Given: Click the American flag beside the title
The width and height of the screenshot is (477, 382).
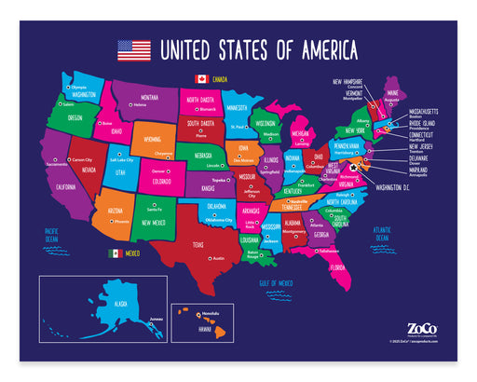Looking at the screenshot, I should click(x=133, y=49).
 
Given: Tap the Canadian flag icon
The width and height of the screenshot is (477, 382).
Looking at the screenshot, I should click(x=200, y=79).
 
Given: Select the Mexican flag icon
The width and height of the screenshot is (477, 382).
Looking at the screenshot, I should click(x=115, y=252).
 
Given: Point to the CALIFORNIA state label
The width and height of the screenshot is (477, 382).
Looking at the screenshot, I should click(x=65, y=186).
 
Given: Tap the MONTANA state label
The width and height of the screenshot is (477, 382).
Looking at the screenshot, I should click(x=149, y=97).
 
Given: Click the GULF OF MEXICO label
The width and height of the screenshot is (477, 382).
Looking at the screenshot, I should click(x=276, y=282).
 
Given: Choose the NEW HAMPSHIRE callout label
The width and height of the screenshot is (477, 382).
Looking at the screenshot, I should click(x=351, y=81).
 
